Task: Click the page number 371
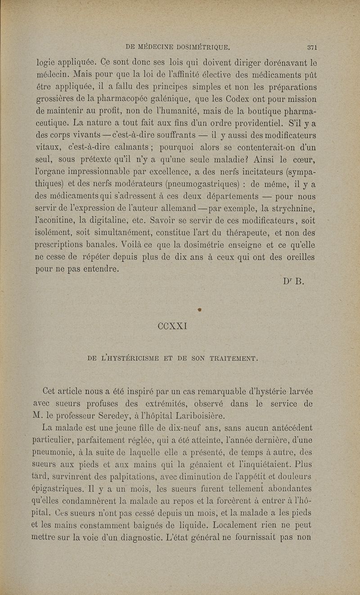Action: click(x=313, y=46)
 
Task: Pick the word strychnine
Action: click(x=288, y=208)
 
